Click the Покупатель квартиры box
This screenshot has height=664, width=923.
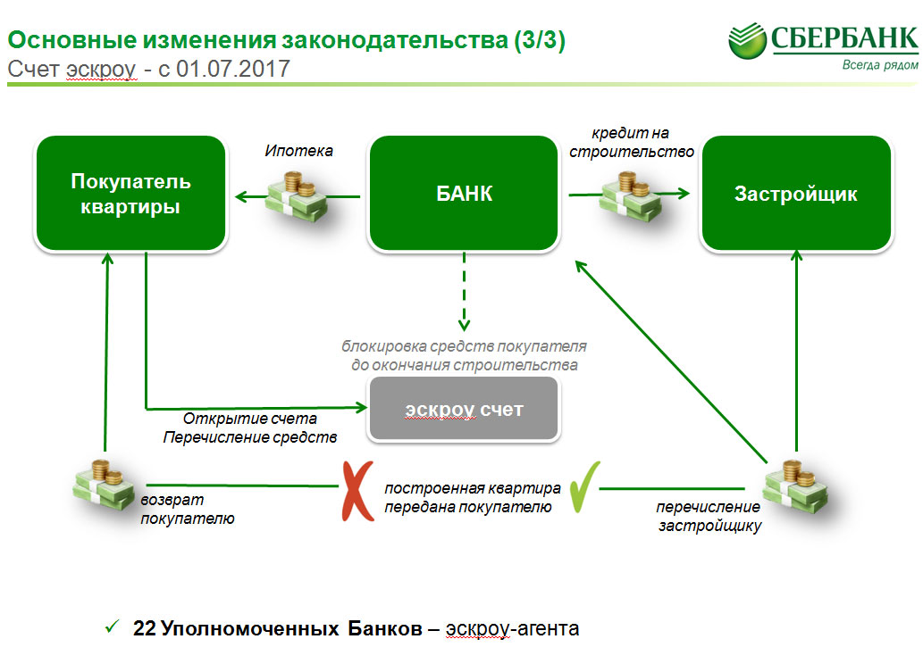tap(130, 194)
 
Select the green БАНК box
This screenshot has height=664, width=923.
tap(465, 194)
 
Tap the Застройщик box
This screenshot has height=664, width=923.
tap(796, 194)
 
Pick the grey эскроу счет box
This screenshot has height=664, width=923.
tap(464, 410)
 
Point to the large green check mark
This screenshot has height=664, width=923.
tap(584, 486)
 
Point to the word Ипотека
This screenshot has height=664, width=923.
tap(298, 151)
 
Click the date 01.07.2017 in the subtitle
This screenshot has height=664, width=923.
tap(234, 69)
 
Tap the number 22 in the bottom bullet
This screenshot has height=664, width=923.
tap(145, 628)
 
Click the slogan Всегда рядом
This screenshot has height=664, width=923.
tap(879, 65)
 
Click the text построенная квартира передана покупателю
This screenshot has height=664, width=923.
tap(473, 497)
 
